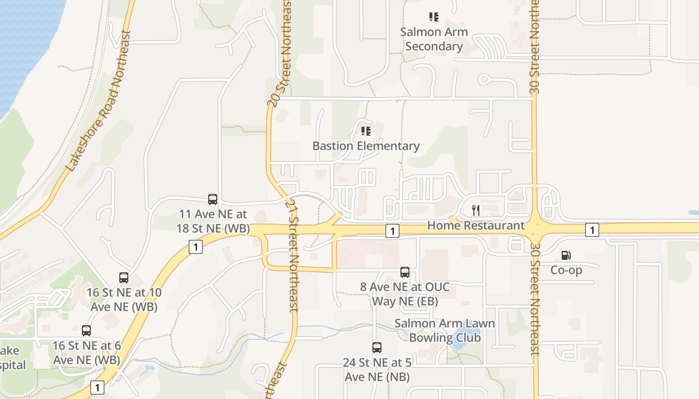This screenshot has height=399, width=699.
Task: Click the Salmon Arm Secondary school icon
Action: coord(434,17)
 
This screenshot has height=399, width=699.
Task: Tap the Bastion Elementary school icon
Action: coord(366,131)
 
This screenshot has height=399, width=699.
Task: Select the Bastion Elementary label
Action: coord(366,146)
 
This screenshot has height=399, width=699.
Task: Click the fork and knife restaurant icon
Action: coord(476,210)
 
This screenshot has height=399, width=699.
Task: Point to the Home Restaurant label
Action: coord(476,225)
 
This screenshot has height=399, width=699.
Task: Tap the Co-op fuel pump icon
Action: coord(566,255)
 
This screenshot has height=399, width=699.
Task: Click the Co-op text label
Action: coord(566,270)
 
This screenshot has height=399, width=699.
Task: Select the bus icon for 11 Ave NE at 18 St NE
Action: coord(213,199)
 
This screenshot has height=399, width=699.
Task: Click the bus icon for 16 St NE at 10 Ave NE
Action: coord(124,278)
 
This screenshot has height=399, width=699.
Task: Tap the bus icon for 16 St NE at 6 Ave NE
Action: coord(86,331)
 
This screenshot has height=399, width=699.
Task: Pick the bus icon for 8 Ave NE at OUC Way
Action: coord(405,272)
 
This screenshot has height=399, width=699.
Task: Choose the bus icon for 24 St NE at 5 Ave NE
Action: coord(377,348)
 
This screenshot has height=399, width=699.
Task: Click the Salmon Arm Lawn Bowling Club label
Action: coord(445,330)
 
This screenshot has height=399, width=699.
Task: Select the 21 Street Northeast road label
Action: coord(294,257)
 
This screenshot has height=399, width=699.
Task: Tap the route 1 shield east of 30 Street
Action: coord(592,230)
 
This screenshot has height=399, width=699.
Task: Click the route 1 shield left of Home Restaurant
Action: coord(392,230)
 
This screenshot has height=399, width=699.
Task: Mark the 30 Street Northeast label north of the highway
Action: coord(535,47)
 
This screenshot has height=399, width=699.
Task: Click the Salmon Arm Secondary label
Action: coord(434,39)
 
